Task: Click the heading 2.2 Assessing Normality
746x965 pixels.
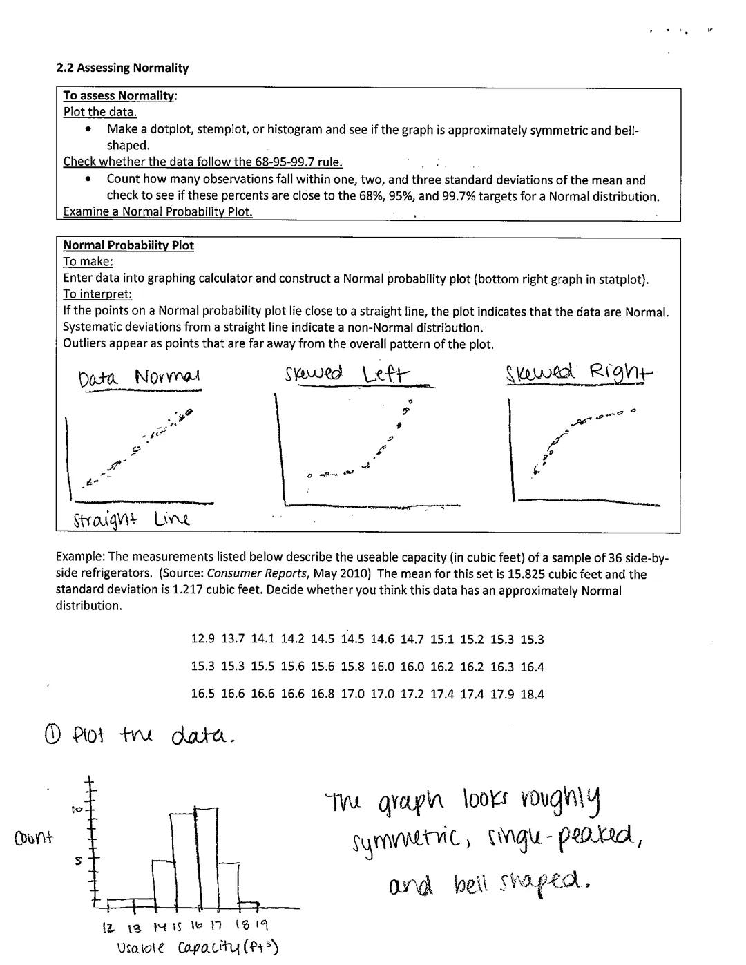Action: pos(122,68)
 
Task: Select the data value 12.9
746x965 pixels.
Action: pos(202,640)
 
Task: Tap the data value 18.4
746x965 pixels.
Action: pos(532,695)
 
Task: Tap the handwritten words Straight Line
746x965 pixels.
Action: pos(131,519)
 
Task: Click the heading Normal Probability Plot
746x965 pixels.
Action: pos(128,246)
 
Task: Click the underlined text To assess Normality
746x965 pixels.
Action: pos(119,96)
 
